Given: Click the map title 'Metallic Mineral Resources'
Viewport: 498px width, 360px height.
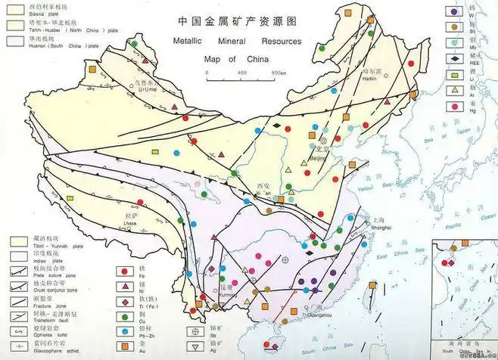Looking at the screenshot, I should [236, 42].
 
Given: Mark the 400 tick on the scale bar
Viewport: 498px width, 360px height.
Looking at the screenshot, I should [241, 72].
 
